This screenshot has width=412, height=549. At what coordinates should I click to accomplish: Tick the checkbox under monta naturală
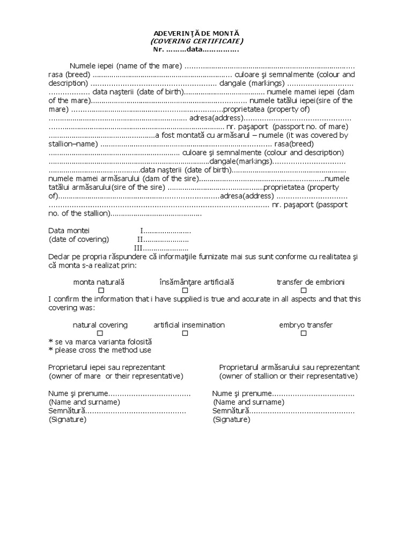coord(100,290)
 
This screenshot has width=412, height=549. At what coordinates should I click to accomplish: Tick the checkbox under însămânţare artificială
coord(185,290)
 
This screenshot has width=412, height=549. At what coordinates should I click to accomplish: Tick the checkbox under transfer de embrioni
coord(304,290)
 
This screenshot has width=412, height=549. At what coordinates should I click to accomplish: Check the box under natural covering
coord(100,333)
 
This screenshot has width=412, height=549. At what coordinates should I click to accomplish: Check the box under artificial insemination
coord(185,333)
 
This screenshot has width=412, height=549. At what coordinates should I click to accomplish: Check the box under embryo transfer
coord(304,333)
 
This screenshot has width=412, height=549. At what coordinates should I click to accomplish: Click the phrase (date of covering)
coord(79,239)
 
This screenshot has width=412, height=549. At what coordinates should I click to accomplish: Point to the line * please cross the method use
coord(100,350)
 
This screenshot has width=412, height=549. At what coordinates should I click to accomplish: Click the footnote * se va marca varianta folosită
coord(100,342)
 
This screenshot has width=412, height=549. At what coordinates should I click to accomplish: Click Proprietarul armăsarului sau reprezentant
coord(289,367)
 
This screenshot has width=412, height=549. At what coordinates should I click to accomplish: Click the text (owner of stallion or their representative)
coord(289,376)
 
